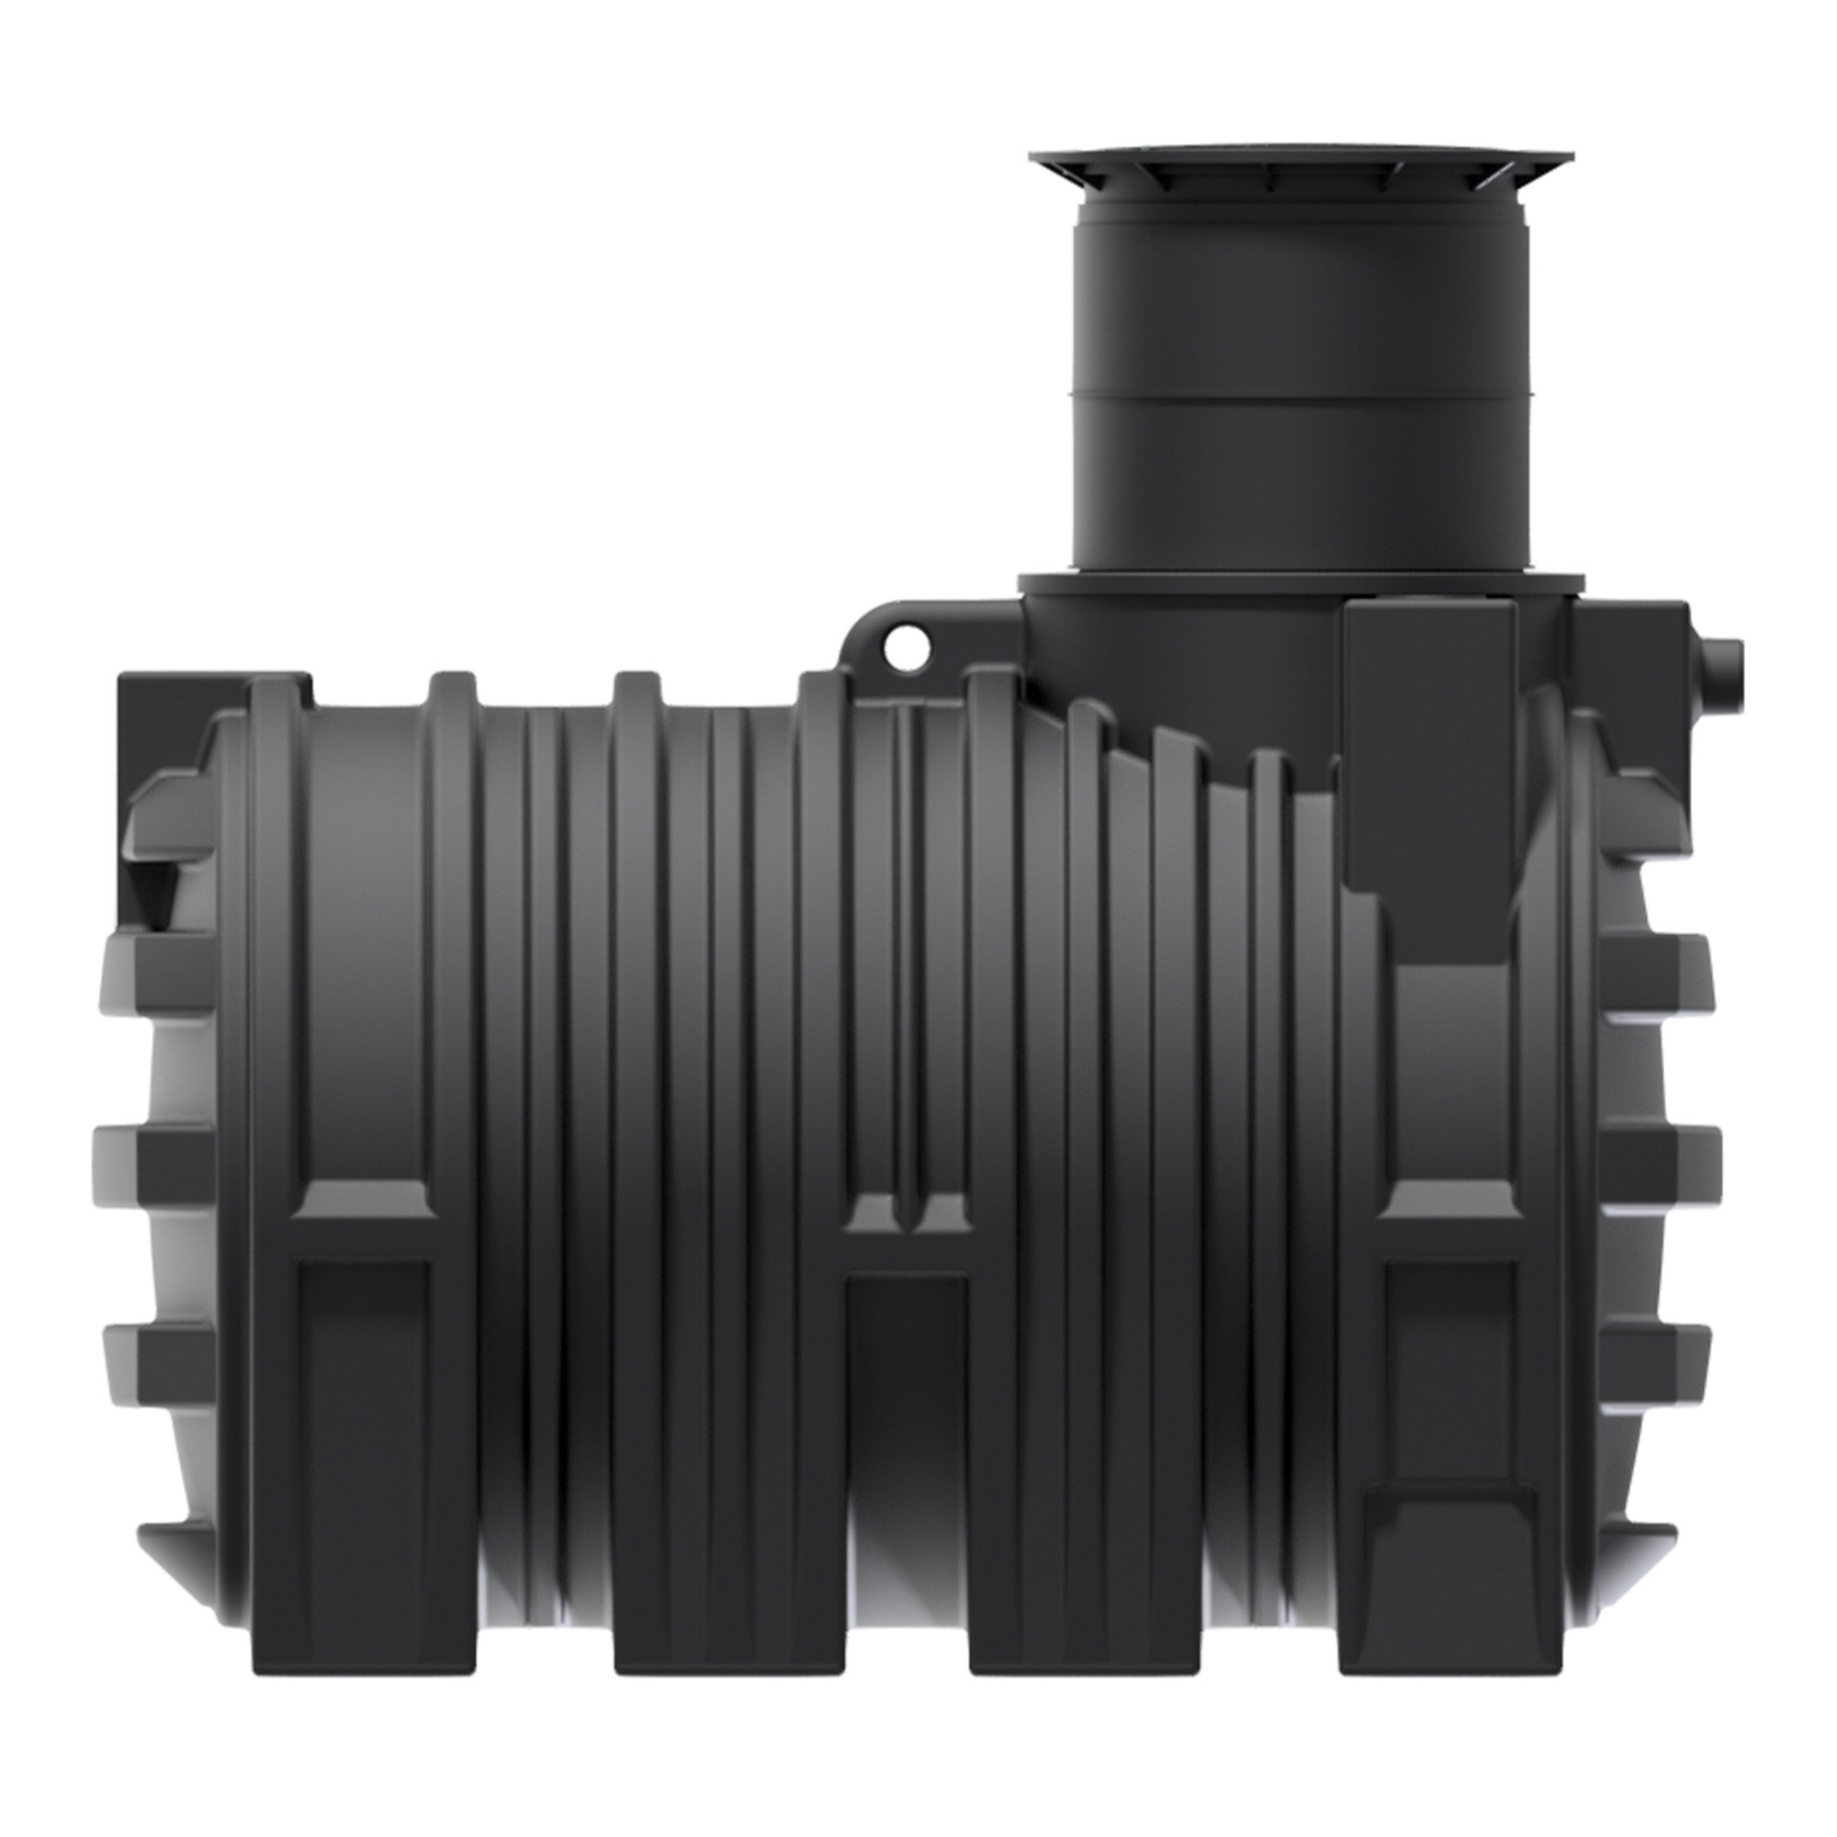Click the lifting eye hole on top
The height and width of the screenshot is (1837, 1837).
pos(906,646)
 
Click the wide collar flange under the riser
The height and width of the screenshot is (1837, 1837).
pos(1300,583)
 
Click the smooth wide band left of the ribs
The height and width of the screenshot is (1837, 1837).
pos(366,951)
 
